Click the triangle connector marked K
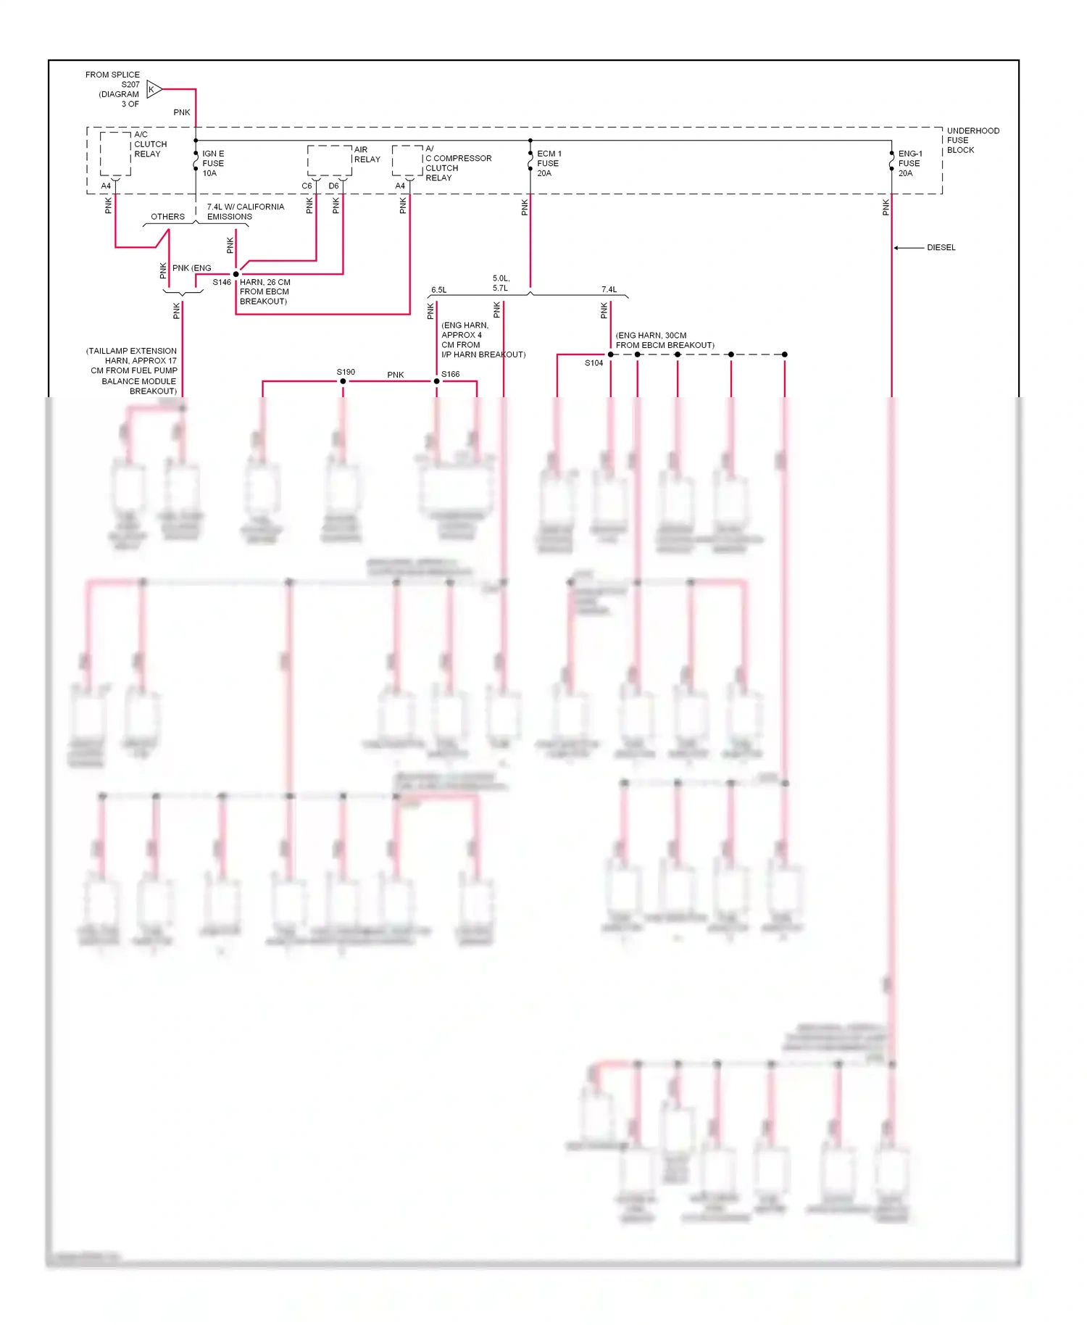point(153,89)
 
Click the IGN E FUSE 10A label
point(213,163)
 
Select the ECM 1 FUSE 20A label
point(549,163)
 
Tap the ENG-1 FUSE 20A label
point(909,163)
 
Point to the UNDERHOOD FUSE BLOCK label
point(972,140)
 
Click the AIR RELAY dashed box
point(329,160)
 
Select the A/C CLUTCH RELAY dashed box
point(115,154)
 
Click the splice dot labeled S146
point(236,274)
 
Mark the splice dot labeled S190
point(343,381)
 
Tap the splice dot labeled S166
point(436,381)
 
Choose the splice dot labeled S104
point(610,354)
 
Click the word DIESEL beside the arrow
point(941,248)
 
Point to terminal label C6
point(307,186)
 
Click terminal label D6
point(333,186)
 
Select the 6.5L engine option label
point(438,290)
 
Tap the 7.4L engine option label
point(609,290)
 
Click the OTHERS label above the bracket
point(167,217)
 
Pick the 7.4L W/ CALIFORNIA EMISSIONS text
point(245,212)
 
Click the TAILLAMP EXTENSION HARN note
point(132,370)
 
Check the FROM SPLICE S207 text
point(113,89)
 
